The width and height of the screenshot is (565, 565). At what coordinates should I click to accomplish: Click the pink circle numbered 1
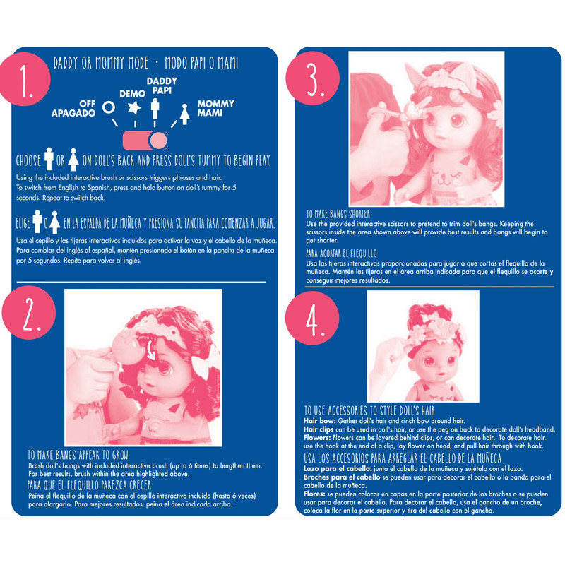[x=25, y=79]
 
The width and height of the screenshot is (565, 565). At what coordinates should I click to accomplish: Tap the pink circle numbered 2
[x=29, y=312]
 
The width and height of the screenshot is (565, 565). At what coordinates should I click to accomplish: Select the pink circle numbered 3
[x=312, y=78]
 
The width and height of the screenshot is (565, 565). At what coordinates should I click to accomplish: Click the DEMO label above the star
[x=132, y=94]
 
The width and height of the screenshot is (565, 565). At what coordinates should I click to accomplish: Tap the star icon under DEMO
[x=134, y=108]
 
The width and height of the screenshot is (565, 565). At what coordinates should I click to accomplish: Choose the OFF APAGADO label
[x=73, y=109]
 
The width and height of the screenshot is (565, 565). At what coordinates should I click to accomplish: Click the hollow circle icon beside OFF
[x=109, y=107]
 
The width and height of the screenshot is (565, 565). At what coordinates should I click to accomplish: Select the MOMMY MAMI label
[x=215, y=108]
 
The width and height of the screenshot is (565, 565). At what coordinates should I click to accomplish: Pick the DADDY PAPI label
[x=162, y=85]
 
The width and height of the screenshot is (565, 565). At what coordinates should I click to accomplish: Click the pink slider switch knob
[x=158, y=141]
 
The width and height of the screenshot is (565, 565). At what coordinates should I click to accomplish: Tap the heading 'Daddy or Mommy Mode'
[x=101, y=63]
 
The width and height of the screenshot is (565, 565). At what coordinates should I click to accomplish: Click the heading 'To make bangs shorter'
[x=338, y=214]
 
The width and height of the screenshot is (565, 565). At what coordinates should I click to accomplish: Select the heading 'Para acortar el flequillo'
[x=341, y=254]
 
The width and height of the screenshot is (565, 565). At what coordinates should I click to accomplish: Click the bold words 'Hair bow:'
[x=320, y=421]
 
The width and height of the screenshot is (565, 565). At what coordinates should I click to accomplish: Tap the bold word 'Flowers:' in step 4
[x=317, y=438]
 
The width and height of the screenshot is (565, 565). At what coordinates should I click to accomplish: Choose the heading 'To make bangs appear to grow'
[x=78, y=455]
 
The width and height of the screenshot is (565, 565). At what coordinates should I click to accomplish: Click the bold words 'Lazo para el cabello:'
[x=338, y=469]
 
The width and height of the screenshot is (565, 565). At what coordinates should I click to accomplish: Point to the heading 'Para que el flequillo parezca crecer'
[x=89, y=485]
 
